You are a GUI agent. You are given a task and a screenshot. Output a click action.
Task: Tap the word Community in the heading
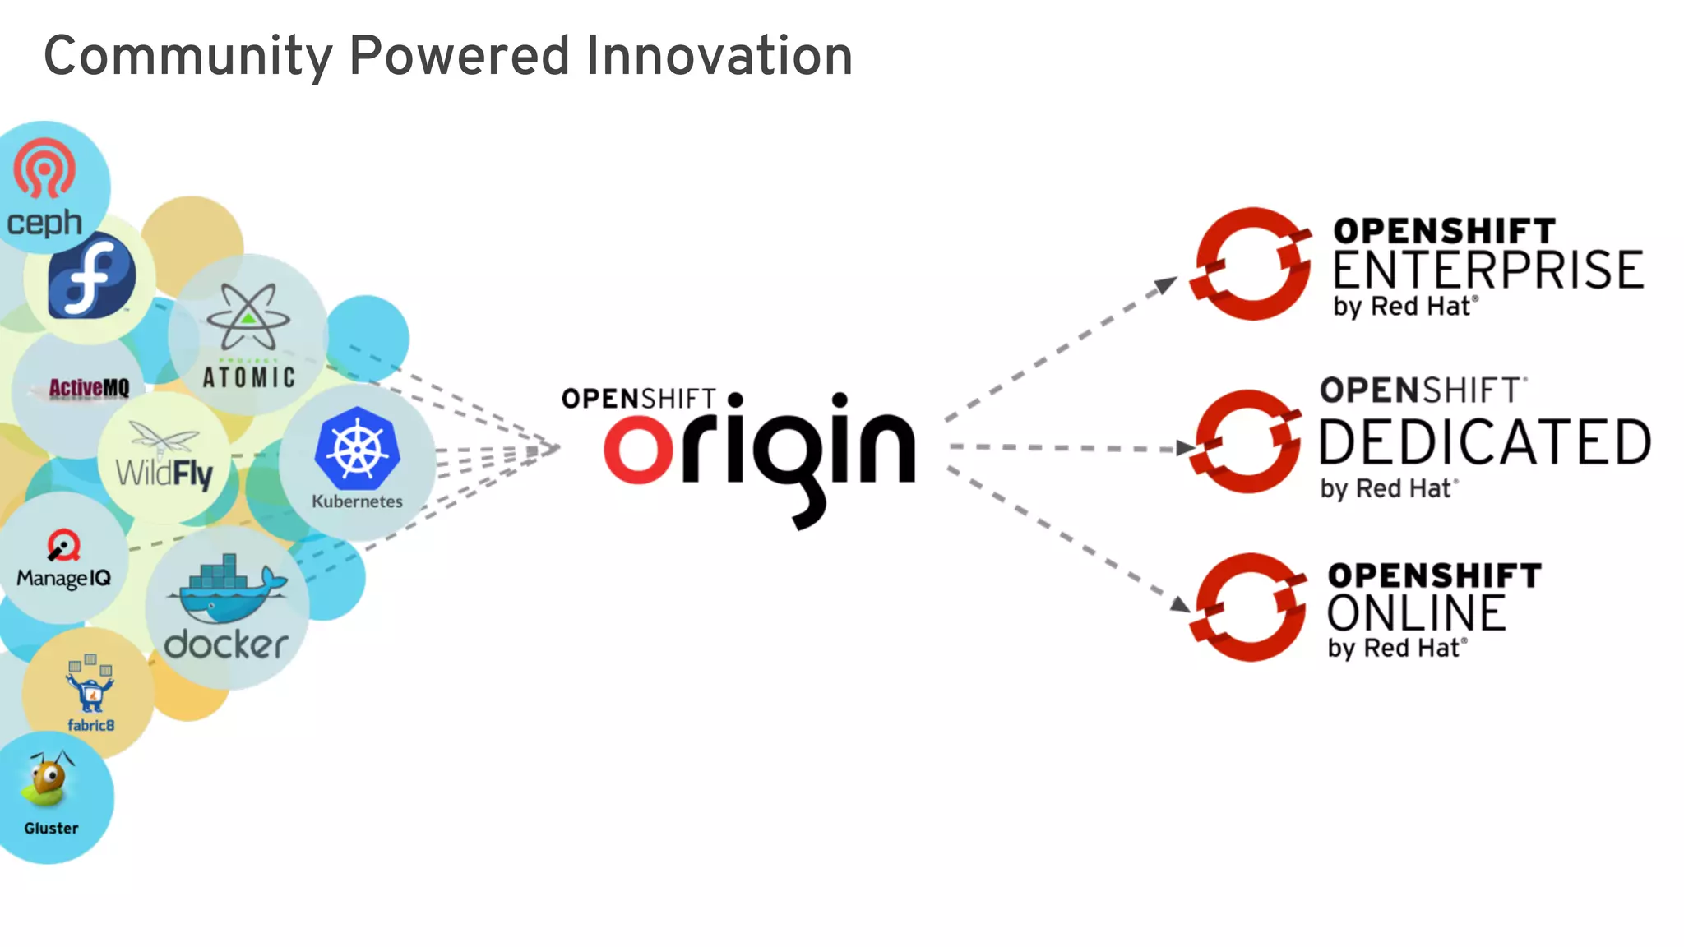click(x=187, y=58)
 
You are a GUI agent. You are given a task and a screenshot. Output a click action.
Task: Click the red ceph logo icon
click(x=44, y=169)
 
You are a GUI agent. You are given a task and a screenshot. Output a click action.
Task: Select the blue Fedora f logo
click(x=91, y=276)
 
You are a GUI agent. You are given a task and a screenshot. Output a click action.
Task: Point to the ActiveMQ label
click(x=89, y=388)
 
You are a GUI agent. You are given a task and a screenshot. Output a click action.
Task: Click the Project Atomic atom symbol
click(x=248, y=316)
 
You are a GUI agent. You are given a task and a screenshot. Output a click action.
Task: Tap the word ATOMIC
click(x=248, y=377)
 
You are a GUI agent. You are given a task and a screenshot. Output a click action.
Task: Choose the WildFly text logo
click(x=164, y=473)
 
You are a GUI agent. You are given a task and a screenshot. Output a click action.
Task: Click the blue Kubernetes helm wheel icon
click(x=357, y=449)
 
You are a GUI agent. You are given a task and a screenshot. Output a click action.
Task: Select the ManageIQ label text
click(x=63, y=578)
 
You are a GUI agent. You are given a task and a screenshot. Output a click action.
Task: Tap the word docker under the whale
click(x=226, y=644)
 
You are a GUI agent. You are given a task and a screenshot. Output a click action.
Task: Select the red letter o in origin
click(x=638, y=450)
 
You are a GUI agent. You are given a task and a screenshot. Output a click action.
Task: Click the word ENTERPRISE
click(x=1487, y=270)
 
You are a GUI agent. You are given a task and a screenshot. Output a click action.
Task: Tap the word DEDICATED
click(x=1485, y=442)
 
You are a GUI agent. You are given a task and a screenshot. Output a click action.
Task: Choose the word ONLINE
click(x=1416, y=613)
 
